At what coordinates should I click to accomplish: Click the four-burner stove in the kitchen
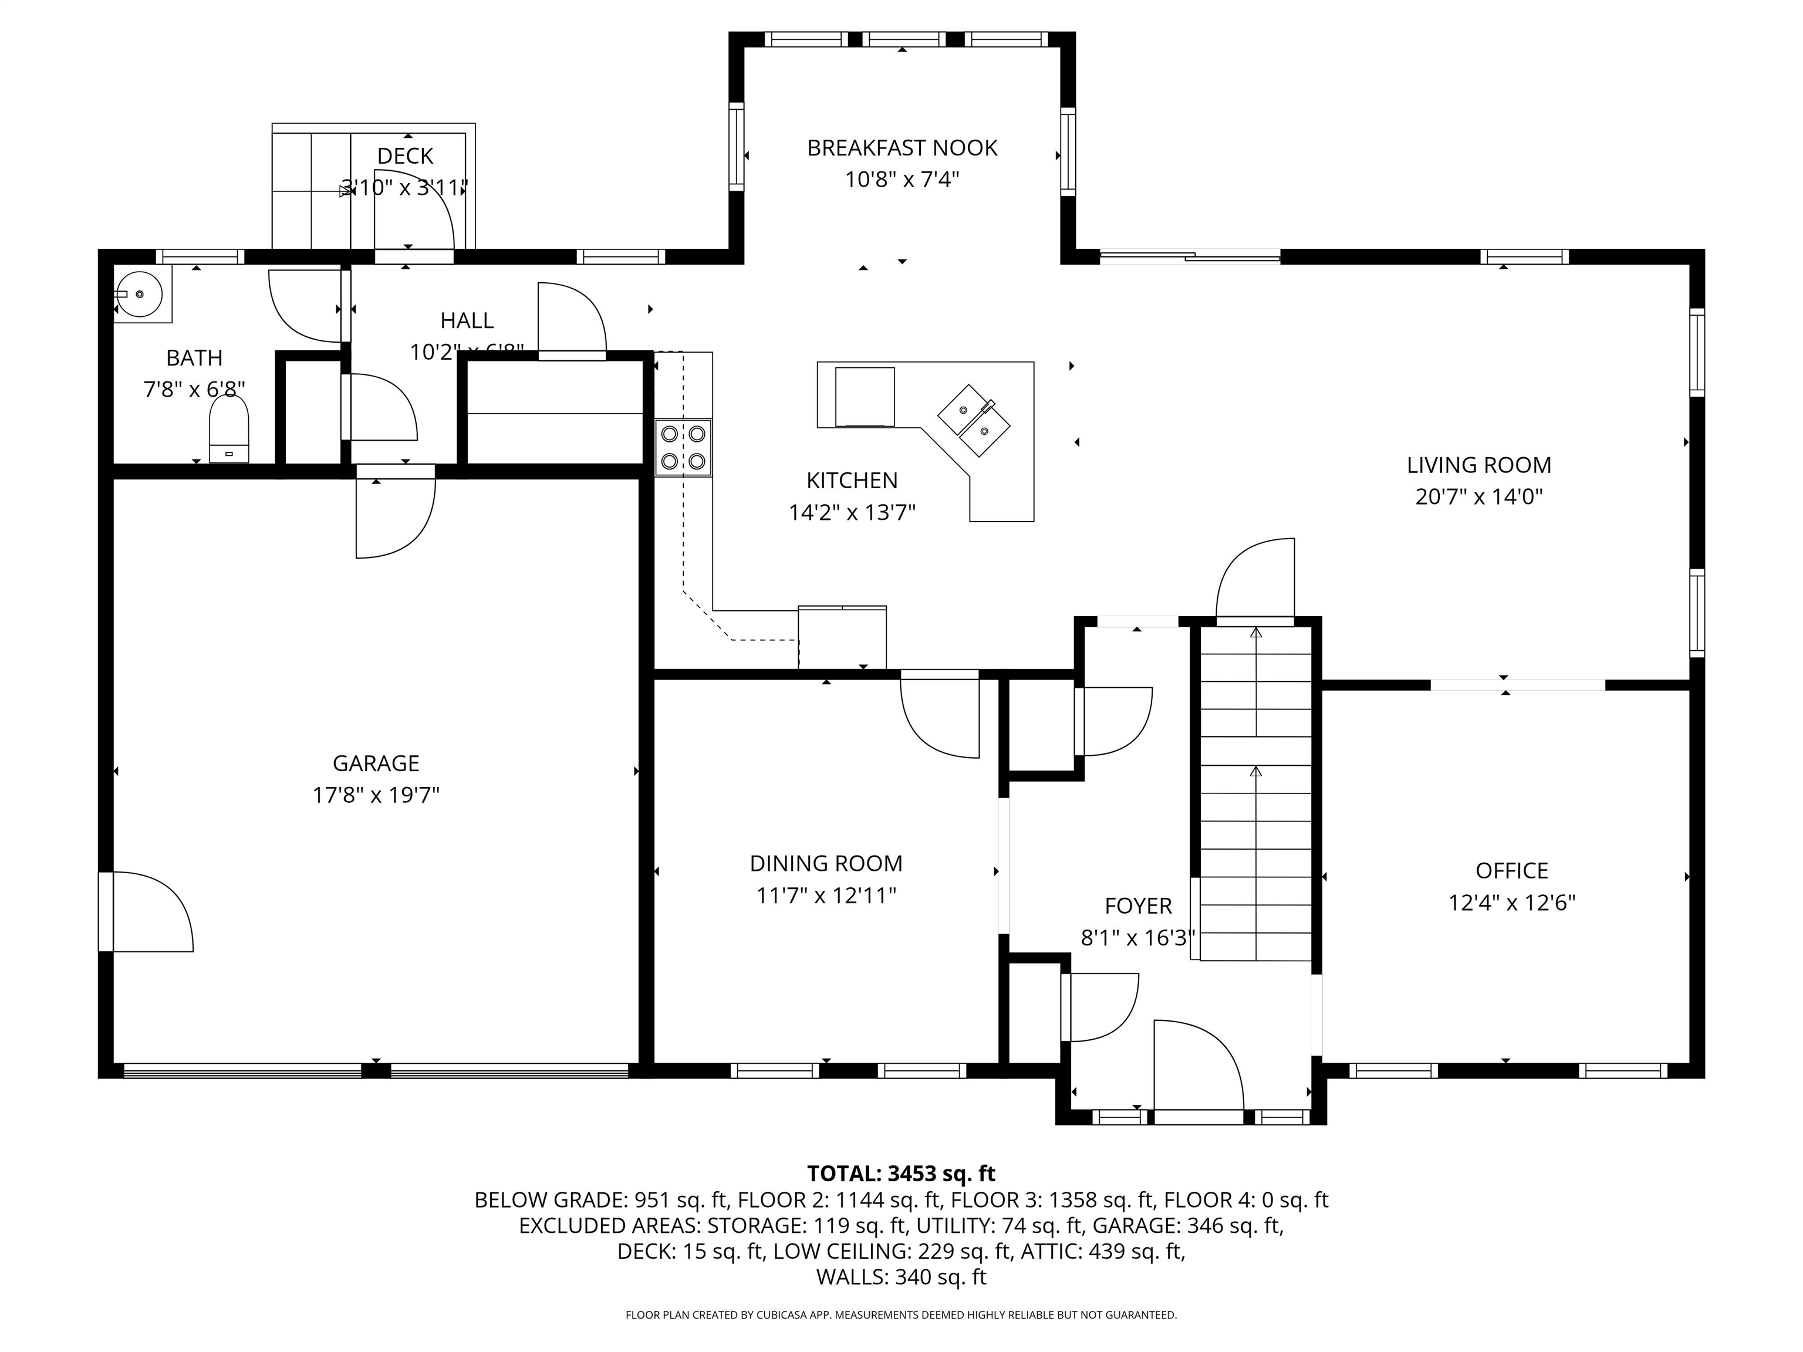point(683,447)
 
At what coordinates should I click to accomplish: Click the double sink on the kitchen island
point(974,421)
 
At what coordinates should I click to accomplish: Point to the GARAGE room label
point(376,763)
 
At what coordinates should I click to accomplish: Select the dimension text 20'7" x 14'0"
point(1478,496)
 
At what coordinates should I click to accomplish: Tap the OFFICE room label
point(1511,870)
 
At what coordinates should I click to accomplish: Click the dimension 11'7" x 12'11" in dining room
point(826,895)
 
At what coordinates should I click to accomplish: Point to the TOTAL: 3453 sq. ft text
point(901,1174)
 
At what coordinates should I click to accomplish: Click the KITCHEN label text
point(852,481)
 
